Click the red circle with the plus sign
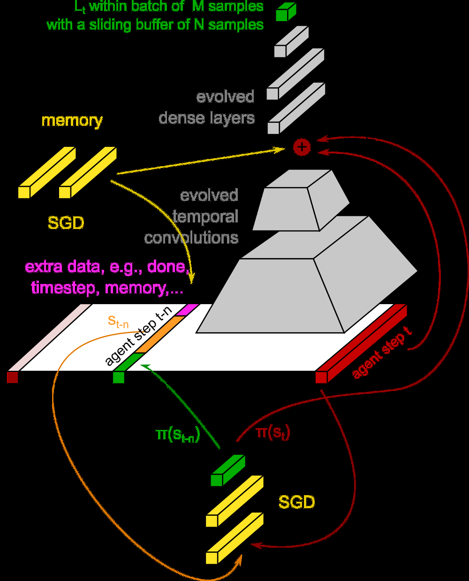(302, 147)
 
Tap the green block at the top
(285, 12)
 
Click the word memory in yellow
(72, 121)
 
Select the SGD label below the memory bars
(66, 222)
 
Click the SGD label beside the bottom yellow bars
(296, 502)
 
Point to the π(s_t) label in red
(273, 432)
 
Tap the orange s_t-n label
(118, 321)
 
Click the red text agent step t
(382, 352)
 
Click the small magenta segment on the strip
(191, 309)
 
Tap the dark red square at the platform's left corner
(12, 377)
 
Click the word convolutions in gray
(191, 238)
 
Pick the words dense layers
(207, 118)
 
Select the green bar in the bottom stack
(227, 471)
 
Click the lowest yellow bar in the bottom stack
(234, 538)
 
